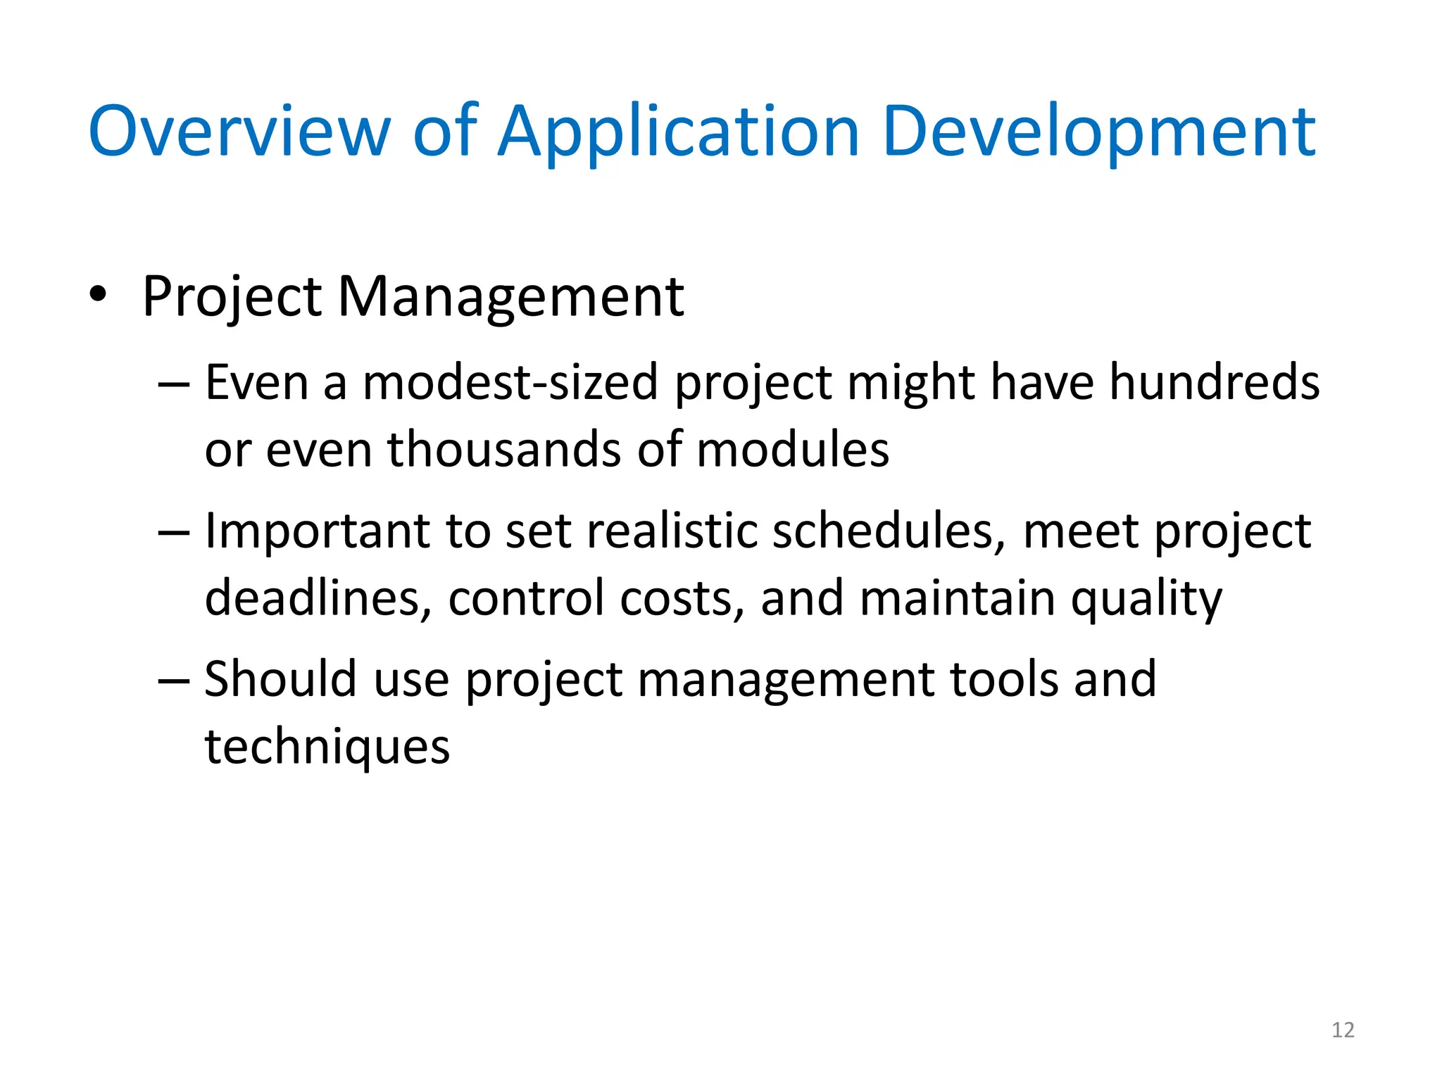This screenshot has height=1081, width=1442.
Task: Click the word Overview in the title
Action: click(x=239, y=132)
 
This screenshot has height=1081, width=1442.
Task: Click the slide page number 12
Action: click(x=1343, y=1030)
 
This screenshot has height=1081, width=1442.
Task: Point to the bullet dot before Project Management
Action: click(x=98, y=293)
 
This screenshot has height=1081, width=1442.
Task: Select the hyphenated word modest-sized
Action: click(x=510, y=384)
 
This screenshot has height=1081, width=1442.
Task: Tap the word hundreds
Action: click(x=1214, y=384)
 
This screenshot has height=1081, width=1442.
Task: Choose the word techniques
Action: click(x=327, y=748)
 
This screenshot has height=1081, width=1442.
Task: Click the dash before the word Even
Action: click(x=173, y=386)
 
